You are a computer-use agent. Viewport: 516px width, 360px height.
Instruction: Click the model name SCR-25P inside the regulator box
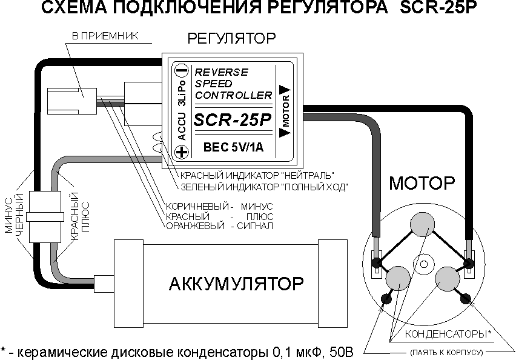pos(233,121)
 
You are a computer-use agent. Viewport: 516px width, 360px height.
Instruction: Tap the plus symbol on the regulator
pos(180,152)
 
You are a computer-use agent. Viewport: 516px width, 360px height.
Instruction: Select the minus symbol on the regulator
pos(180,70)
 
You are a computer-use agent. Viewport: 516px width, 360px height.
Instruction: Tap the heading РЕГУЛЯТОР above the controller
pos(231,39)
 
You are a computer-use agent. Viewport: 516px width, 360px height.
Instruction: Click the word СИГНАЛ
pos(257,226)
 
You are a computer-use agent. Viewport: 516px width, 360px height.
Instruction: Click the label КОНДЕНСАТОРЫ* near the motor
pos(448,334)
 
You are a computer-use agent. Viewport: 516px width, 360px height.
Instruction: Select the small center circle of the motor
pos(423,263)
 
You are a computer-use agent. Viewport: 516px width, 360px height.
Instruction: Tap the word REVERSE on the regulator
pos(221,72)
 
